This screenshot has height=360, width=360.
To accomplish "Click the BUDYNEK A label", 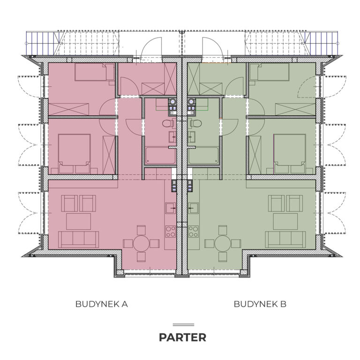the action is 101,304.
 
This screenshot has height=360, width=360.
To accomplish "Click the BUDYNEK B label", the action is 260,304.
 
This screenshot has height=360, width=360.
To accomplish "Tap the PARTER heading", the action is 182,337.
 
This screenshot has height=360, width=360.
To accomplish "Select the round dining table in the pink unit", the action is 141,243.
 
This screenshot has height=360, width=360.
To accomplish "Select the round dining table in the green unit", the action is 223,243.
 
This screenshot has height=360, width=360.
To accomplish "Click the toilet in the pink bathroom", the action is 169,124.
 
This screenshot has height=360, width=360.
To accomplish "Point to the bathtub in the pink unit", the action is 161,156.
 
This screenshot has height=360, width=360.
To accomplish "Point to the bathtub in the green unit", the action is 203,156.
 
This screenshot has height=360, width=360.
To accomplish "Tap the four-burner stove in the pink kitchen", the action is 171,232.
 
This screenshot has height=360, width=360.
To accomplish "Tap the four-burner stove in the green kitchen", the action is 193,232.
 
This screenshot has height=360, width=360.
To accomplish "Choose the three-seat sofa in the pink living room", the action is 79,240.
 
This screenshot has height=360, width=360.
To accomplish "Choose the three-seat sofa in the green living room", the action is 285,240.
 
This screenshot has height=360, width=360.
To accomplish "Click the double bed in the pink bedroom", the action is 74,154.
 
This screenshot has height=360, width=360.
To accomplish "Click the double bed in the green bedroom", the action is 290,154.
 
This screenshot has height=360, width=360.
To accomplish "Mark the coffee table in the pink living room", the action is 79,221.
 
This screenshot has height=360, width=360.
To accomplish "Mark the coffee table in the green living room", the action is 285,221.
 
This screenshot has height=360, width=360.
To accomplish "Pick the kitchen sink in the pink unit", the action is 171,208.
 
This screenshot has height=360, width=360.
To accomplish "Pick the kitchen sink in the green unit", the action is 193,208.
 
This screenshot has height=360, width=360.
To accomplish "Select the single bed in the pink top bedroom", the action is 94,72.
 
